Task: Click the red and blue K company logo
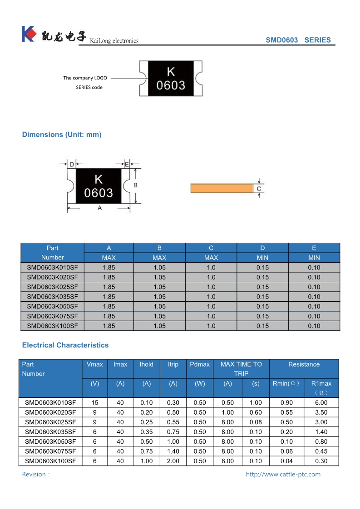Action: pyautogui.click(x=28, y=34)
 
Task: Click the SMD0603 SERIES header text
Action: pyautogui.click(x=298, y=40)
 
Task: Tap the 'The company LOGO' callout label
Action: pyautogui.click(x=85, y=78)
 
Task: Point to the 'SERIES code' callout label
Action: pyautogui.click(x=89, y=87)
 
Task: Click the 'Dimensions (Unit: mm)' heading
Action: pyautogui.click(x=62, y=134)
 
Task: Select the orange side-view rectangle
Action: pyautogui.click(x=222, y=188)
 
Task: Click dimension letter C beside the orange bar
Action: pyautogui.click(x=259, y=189)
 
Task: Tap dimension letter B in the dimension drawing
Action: pyautogui.click(x=135, y=185)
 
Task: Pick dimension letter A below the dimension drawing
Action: pyautogui.click(x=99, y=208)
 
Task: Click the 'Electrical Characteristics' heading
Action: pyautogui.click(x=65, y=345)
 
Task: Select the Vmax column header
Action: pyautogui.click(x=94, y=364)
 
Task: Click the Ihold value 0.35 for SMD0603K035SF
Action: pyautogui.click(x=146, y=432)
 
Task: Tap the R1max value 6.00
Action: pyautogui.click(x=321, y=402)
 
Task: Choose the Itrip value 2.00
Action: pyautogui.click(x=173, y=461)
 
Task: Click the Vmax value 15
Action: pyautogui.click(x=94, y=402)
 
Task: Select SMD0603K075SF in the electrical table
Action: pyautogui.click(x=50, y=451)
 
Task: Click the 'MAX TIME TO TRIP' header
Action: pyautogui.click(x=241, y=369)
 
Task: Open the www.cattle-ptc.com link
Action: pyautogui.click(x=283, y=474)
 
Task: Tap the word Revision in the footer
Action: pyautogui.click(x=34, y=474)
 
